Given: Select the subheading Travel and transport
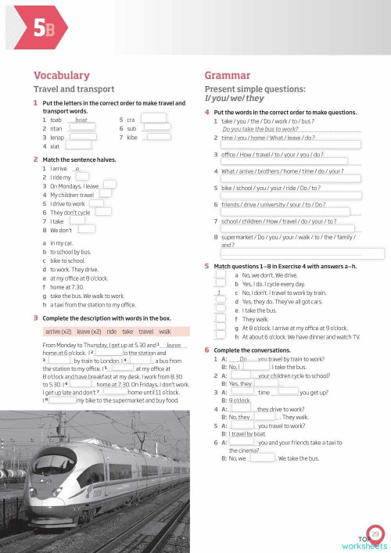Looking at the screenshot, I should pos(74,89).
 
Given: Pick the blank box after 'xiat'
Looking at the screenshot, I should pos(79,145).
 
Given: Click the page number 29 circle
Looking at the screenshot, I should pos(375,533).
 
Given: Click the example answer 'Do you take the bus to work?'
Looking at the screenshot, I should pos(260,128).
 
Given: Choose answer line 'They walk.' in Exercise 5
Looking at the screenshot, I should pos(256,319).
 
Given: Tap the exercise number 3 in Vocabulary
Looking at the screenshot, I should pos(36,318).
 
